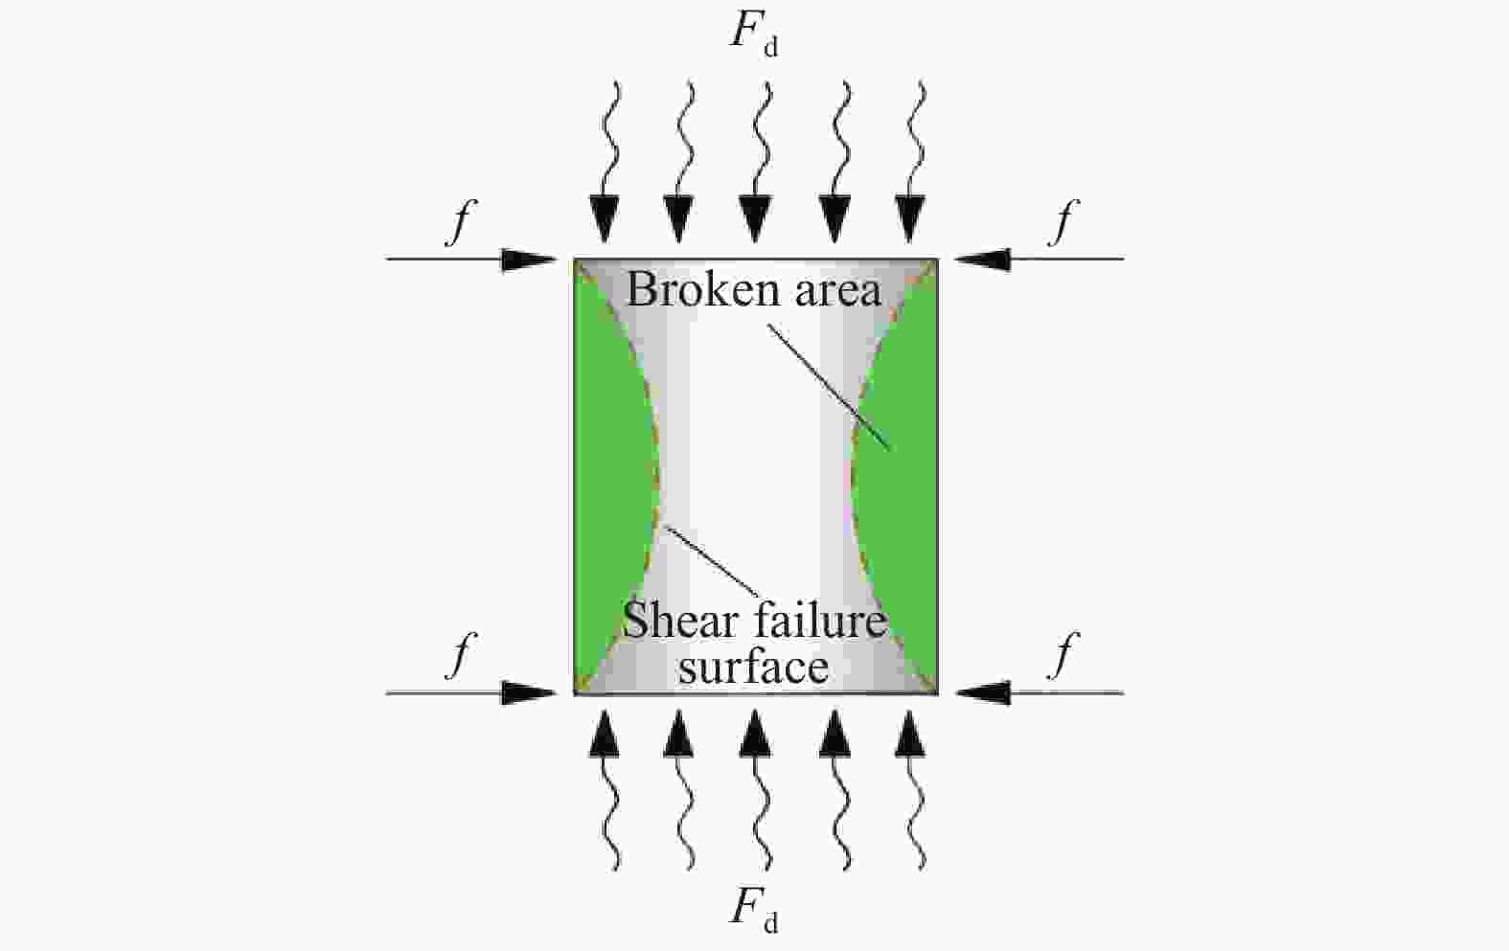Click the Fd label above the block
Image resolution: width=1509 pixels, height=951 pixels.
click(x=754, y=34)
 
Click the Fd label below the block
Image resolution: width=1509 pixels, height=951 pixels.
click(x=754, y=909)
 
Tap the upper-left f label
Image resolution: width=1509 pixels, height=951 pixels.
click(x=462, y=223)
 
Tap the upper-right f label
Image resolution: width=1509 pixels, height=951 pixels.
click(x=1063, y=223)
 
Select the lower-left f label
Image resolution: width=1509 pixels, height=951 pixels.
click(x=462, y=656)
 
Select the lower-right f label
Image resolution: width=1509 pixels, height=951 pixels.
click(x=1063, y=656)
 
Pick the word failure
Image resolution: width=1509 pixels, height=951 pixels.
click(x=819, y=623)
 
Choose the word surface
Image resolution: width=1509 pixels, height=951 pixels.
click(x=753, y=668)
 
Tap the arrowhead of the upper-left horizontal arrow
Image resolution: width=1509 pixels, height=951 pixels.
click(x=530, y=260)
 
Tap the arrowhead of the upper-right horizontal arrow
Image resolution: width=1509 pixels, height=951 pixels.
click(x=982, y=260)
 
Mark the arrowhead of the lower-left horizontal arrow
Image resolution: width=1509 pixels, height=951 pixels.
click(x=530, y=692)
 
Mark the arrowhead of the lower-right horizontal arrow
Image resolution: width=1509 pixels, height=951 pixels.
click(x=982, y=692)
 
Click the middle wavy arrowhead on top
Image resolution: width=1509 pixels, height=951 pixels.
click(x=756, y=221)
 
